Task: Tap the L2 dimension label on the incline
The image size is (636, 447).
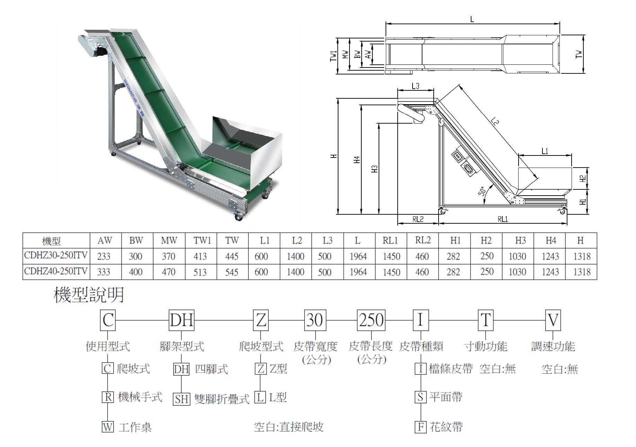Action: (495, 122)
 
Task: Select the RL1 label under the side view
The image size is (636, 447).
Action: (503, 219)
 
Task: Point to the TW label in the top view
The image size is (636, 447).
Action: (579, 54)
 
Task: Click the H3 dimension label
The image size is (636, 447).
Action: (374, 168)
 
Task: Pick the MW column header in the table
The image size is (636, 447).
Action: (169, 240)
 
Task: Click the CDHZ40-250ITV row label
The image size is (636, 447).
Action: (56, 271)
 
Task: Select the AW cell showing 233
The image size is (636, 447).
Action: (104, 256)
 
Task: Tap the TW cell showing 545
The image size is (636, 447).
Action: (232, 272)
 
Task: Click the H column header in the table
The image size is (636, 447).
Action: (581, 240)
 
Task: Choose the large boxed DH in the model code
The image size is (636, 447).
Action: (182, 320)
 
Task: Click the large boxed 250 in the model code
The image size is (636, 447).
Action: (371, 320)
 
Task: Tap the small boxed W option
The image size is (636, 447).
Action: (107, 427)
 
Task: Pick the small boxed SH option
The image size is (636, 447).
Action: (182, 399)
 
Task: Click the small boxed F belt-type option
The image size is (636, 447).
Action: (421, 427)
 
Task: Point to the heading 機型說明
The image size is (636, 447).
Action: (89, 295)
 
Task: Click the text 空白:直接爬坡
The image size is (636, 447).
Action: (289, 427)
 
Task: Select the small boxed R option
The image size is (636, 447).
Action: (108, 397)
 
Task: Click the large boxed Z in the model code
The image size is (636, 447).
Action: (261, 320)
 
